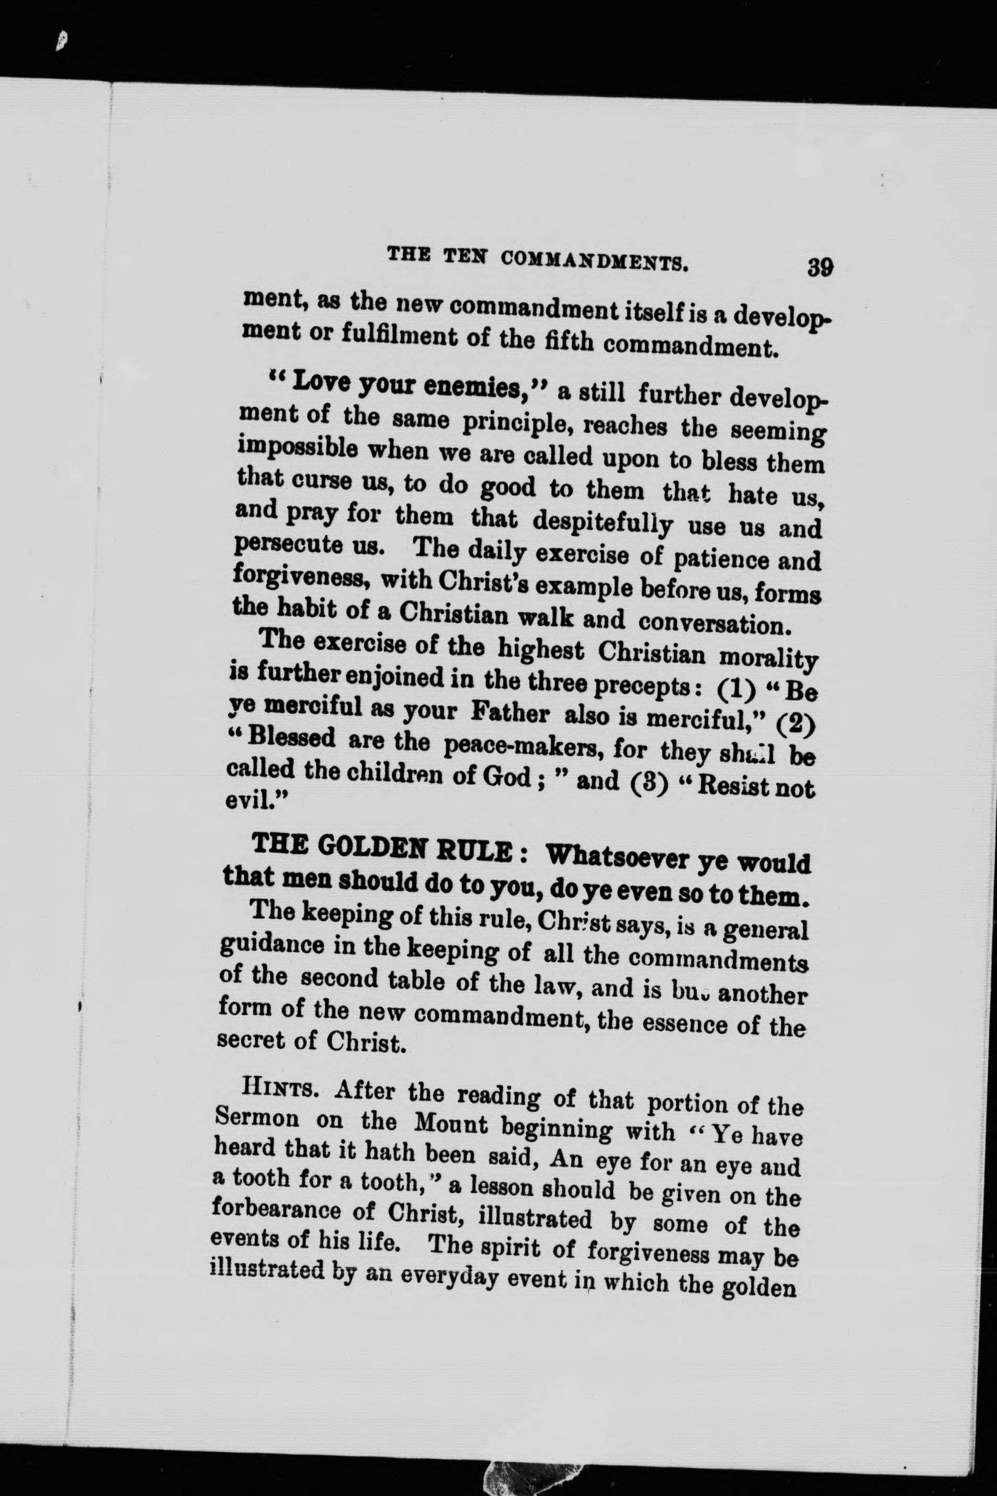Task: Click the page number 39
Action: (x=820, y=266)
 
